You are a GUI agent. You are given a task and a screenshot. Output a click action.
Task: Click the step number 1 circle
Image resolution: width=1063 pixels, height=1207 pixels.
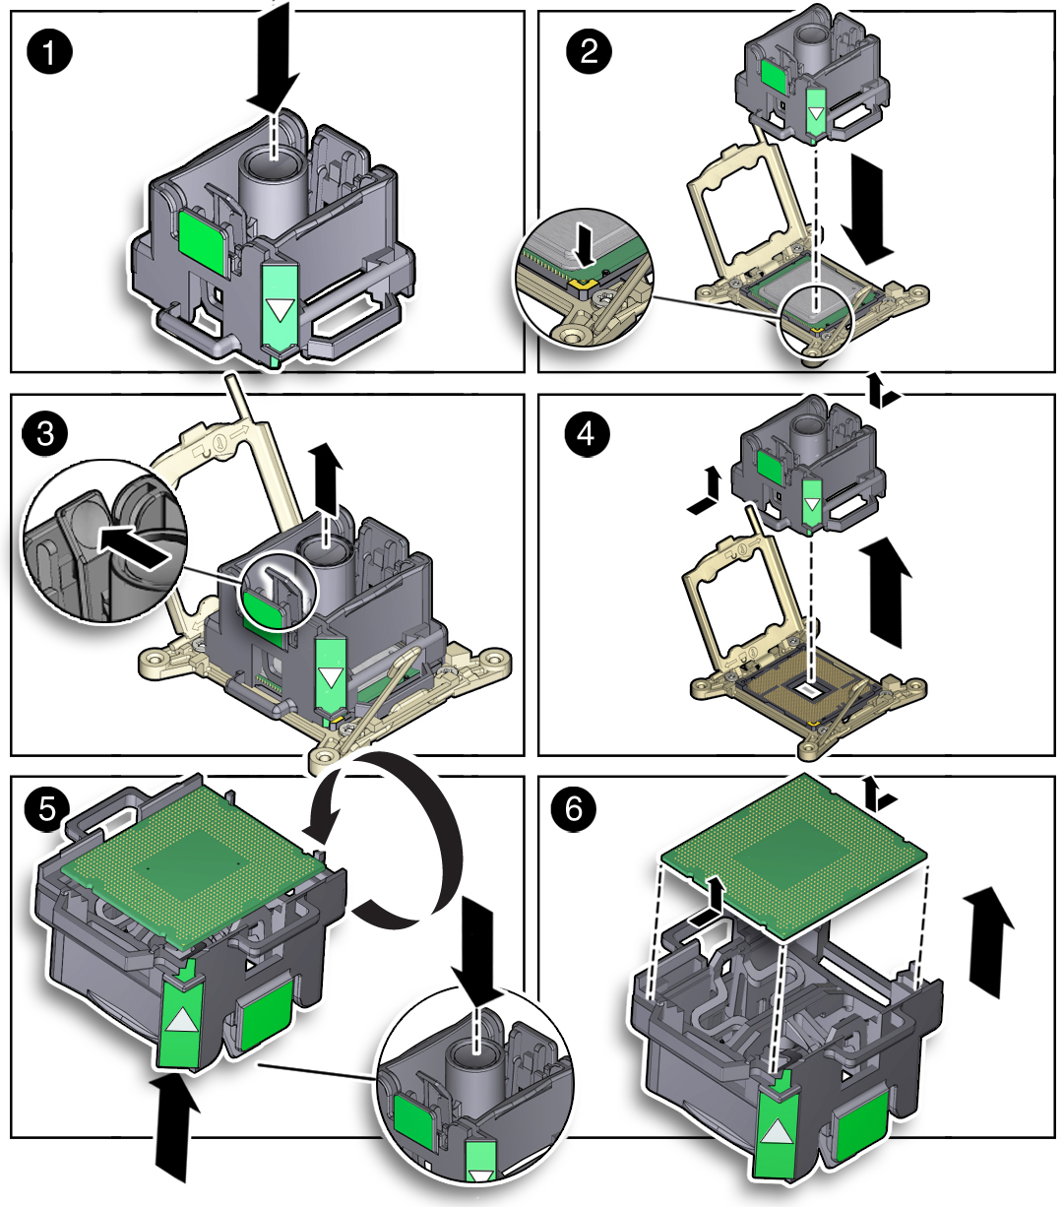pyautogui.click(x=49, y=52)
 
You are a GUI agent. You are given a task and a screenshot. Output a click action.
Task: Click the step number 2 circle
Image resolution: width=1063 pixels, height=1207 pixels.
pyautogui.click(x=589, y=51)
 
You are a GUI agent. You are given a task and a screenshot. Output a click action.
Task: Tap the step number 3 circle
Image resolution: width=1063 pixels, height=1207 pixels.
pyautogui.click(x=45, y=433)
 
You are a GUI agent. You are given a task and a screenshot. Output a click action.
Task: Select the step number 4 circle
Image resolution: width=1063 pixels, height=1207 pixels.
pyautogui.click(x=587, y=433)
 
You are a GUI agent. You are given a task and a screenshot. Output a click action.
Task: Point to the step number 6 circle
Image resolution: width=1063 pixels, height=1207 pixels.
pyautogui.click(x=574, y=810)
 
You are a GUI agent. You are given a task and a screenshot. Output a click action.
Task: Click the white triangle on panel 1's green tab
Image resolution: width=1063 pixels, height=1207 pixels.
pyautogui.click(x=281, y=311)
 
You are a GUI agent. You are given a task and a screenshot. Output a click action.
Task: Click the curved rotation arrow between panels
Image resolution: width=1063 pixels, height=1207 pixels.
pyautogui.click(x=413, y=837)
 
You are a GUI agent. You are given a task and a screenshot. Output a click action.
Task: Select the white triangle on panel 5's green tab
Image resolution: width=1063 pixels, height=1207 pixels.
pyautogui.click(x=180, y=1020)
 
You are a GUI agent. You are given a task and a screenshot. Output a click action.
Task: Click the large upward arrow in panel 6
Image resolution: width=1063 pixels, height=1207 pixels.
pyautogui.click(x=990, y=935)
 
